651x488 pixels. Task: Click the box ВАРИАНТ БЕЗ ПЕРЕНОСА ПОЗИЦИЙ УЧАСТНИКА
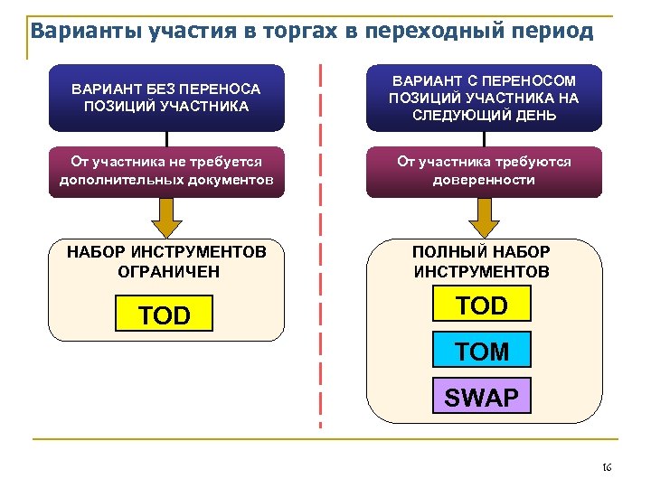166,98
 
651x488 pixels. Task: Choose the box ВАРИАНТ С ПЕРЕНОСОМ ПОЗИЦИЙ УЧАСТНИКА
483,98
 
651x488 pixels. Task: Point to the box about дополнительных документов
166,171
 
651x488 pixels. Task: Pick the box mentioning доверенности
483,171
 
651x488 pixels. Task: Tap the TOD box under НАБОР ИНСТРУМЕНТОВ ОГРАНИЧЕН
165,315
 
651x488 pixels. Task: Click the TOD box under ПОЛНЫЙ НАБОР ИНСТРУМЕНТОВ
482,305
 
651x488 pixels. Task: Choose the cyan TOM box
482,352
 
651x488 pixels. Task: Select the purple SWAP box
481,398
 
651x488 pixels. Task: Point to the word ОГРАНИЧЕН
168,271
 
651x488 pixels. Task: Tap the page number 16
607,467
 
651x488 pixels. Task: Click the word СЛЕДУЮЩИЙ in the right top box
458,116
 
